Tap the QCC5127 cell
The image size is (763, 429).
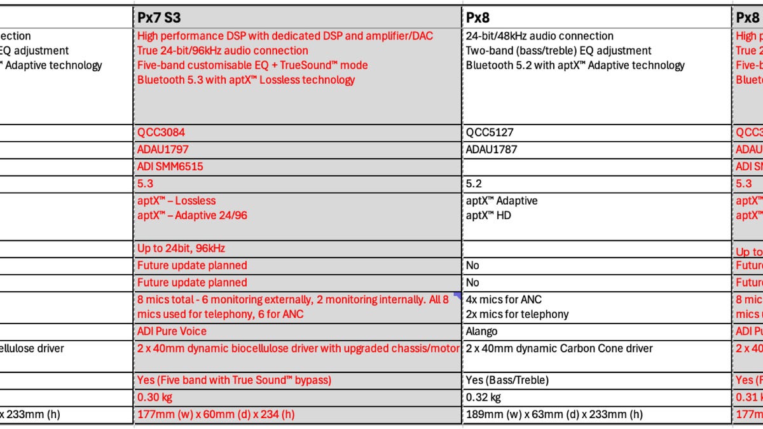coord(490,132)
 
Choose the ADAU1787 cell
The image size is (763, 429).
coord(491,149)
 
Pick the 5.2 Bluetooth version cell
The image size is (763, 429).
coord(474,184)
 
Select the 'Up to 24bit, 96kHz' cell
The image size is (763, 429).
coord(181,248)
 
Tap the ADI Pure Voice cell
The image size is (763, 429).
coord(172,331)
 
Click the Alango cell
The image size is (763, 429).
coord(481,331)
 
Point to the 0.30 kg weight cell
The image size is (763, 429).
coord(155,397)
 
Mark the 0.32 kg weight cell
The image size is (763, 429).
coord(483,397)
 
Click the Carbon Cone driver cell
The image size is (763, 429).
coord(559,348)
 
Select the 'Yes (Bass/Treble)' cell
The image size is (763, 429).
coord(507,380)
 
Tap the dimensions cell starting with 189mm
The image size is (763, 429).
coord(554,414)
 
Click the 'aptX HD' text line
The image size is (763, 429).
coord(488,215)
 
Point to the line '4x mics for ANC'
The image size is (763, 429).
coord(504,299)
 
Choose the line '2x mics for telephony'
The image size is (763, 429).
coord(517,314)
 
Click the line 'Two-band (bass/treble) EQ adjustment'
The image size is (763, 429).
coord(558,51)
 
